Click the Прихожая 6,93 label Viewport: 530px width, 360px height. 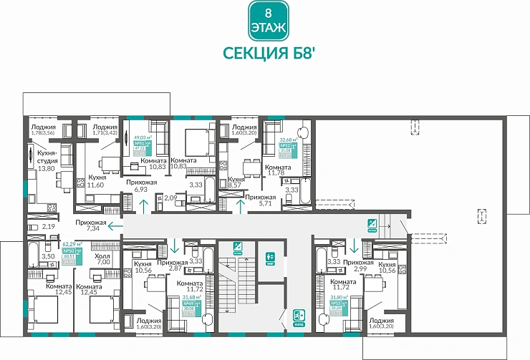pyautogui.click(x=142, y=186)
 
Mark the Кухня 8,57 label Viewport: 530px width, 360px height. pyautogui.click(x=236, y=184)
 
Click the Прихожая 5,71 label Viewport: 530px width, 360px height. pyautogui.click(x=260, y=200)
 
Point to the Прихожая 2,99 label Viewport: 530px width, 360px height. pyautogui.click(x=358, y=266)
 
